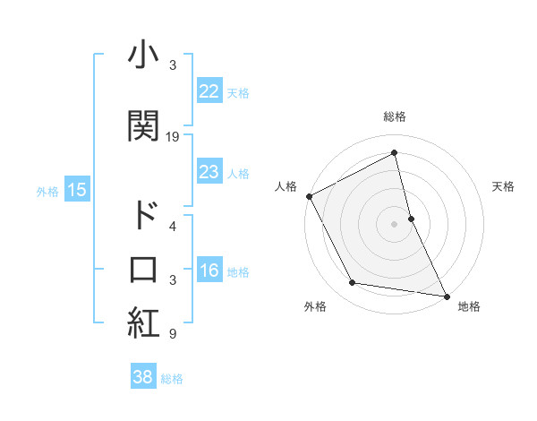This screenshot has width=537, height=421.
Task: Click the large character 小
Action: [x=143, y=56]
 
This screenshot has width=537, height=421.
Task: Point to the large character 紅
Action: [x=143, y=323]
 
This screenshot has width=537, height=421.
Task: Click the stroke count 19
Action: [x=173, y=137]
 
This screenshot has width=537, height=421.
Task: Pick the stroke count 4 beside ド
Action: [x=173, y=227]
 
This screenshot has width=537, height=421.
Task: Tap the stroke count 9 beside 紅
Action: [x=173, y=335]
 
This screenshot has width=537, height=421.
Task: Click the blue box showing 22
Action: [x=209, y=92]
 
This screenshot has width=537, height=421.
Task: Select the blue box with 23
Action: [x=209, y=172]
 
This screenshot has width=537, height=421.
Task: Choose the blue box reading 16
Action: [x=209, y=271]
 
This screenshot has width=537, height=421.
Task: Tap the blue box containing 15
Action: [x=76, y=190]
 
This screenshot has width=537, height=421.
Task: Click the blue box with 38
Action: [x=142, y=378]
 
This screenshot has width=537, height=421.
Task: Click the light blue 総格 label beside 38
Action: [x=172, y=379]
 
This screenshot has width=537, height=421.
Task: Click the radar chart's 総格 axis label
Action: [x=395, y=116]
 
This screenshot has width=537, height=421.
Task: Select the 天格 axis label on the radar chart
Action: [x=504, y=186]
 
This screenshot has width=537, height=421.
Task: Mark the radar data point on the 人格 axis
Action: [x=309, y=196]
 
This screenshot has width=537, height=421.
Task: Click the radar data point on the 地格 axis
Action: [x=446, y=296]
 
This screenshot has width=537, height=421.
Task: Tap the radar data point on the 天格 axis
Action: [x=411, y=218]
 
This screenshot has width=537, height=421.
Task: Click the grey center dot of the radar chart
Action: [x=394, y=223]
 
